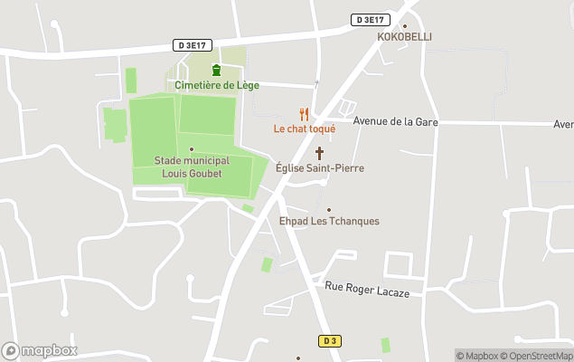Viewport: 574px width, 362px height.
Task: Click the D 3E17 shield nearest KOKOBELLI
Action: (x=369, y=20)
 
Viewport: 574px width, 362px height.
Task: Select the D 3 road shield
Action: (x=329, y=340)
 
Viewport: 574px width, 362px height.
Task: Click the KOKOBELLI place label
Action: (x=404, y=37)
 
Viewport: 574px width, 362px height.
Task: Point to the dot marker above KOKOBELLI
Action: (x=404, y=25)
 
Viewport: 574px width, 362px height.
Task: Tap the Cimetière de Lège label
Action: (x=217, y=85)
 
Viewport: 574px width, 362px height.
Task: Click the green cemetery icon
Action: (x=216, y=71)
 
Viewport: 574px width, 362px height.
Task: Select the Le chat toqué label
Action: (x=305, y=129)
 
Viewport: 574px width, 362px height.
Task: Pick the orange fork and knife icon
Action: (x=305, y=114)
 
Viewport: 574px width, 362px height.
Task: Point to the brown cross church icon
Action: (x=319, y=153)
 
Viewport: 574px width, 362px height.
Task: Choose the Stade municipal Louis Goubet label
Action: (x=192, y=167)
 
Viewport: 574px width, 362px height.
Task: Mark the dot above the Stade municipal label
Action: (x=192, y=149)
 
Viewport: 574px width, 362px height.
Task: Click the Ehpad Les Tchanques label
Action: (x=328, y=221)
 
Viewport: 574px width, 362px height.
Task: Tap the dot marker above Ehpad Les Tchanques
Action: (x=328, y=209)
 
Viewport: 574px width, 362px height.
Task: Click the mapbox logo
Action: (x=40, y=350)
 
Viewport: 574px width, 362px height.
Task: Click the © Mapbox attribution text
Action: (x=478, y=356)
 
